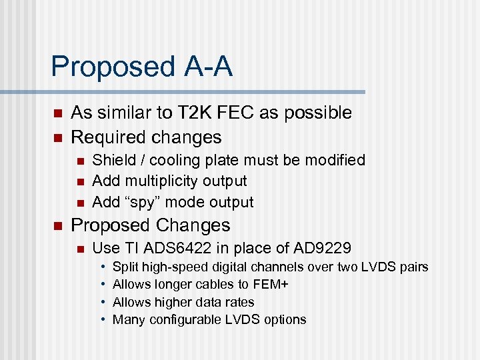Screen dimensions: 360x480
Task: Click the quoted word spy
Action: coord(141,202)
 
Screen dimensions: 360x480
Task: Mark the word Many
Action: coord(128,319)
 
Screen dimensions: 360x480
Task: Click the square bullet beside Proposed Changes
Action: coord(57,225)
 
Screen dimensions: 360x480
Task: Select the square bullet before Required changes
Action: coord(57,138)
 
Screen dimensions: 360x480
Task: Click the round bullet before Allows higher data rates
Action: coord(103,303)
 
